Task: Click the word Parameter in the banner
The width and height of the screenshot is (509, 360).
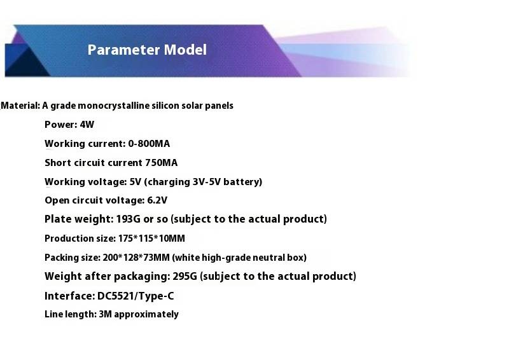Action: click(x=123, y=50)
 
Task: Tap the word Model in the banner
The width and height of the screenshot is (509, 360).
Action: click(x=185, y=50)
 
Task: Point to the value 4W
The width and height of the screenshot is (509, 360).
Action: click(x=87, y=125)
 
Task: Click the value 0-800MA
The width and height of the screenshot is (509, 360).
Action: click(x=149, y=144)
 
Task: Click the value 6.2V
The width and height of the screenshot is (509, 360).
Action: click(x=157, y=200)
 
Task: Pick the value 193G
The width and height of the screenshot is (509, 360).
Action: click(x=129, y=219)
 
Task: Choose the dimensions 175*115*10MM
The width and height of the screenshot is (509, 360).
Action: click(x=151, y=239)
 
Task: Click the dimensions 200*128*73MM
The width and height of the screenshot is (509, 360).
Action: click(x=136, y=258)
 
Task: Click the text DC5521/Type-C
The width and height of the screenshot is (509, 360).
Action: click(x=136, y=296)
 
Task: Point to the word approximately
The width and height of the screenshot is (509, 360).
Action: click(x=146, y=315)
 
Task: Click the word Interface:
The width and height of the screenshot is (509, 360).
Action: click(x=70, y=296)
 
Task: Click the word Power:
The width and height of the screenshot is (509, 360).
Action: click(x=60, y=125)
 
